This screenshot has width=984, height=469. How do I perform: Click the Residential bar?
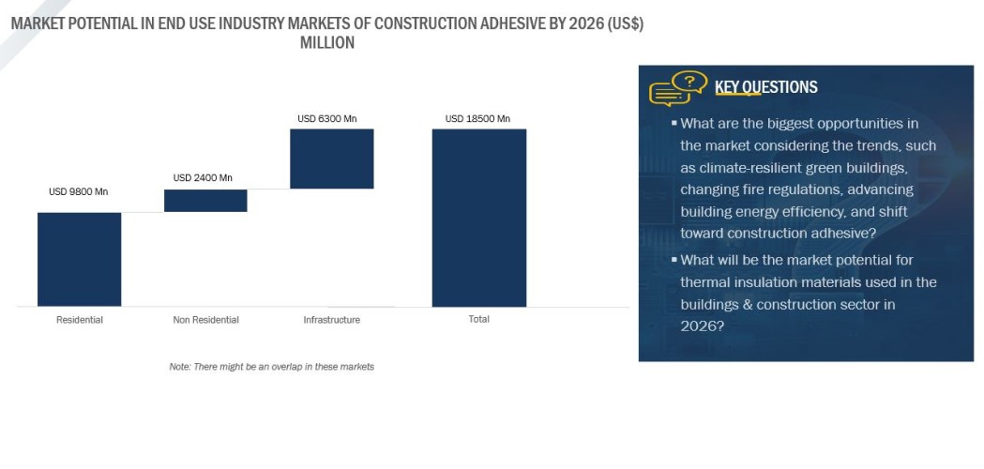(x=79, y=259)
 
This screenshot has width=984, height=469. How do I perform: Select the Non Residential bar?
(x=205, y=201)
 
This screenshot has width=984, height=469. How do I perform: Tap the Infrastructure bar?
(x=331, y=159)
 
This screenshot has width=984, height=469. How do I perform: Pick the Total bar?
(x=478, y=218)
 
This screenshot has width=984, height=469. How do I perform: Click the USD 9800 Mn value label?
(x=78, y=192)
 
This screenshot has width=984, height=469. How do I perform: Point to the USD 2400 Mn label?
(x=203, y=177)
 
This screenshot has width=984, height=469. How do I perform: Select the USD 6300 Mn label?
(x=327, y=119)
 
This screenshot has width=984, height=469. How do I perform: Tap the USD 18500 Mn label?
(x=477, y=119)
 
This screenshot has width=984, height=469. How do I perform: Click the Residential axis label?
(x=80, y=320)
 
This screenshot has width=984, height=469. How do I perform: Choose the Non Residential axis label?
(x=205, y=320)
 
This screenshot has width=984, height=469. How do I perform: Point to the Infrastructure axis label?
(x=331, y=320)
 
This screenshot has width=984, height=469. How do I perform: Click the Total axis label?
(x=478, y=319)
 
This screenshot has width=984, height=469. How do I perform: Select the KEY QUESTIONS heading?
(x=765, y=87)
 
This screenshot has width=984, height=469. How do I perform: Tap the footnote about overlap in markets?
(x=271, y=367)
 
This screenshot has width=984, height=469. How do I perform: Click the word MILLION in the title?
(x=326, y=43)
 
